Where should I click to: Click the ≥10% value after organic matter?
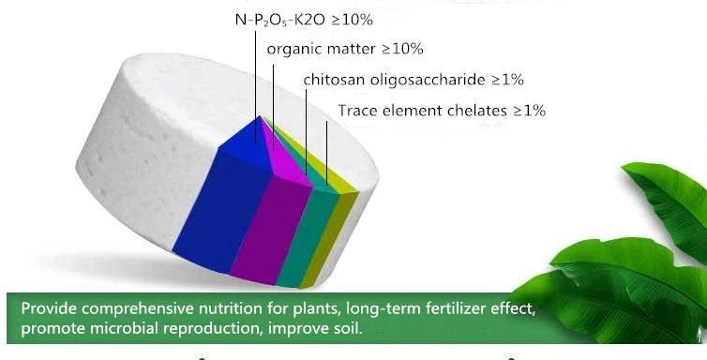402,49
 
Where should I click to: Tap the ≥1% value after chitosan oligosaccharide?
507,80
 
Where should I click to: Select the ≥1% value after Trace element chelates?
529,111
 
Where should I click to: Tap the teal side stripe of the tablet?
308,236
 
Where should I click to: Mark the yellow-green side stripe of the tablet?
330,239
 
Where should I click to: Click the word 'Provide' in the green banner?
50,308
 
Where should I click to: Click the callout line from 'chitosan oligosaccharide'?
307,132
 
